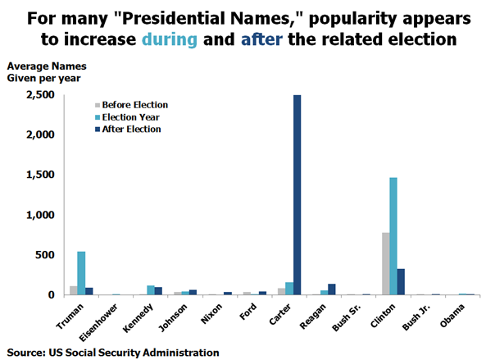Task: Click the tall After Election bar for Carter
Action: (x=297, y=195)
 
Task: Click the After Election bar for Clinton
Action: (x=401, y=281)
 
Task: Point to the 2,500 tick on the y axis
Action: (x=40, y=95)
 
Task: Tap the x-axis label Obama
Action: (x=454, y=313)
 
